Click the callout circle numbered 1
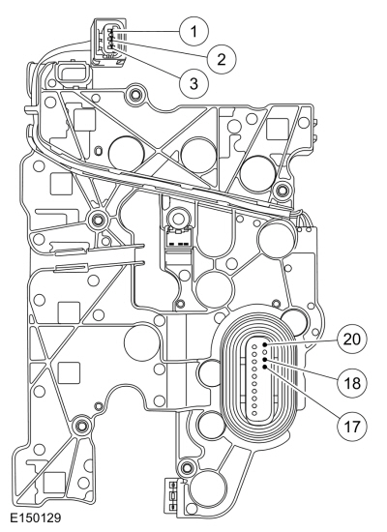(x=193, y=32)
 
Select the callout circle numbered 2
(x=222, y=60)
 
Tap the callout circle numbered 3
(x=193, y=83)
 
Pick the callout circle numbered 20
(x=352, y=339)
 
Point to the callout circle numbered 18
(x=352, y=383)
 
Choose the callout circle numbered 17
(x=352, y=427)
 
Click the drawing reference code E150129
(x=35, y=517)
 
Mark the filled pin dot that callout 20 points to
(x=265, y=344)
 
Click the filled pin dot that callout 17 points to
(x=265, y=367)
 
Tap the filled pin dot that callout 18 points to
(x=265, y=359)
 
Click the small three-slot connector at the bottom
(x=173, y=497)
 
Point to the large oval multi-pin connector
(x=259, y=378)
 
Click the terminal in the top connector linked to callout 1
(x=110, y=32)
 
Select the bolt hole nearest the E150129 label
(x=80, y=424)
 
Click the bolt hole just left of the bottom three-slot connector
(x=186, y=468)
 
